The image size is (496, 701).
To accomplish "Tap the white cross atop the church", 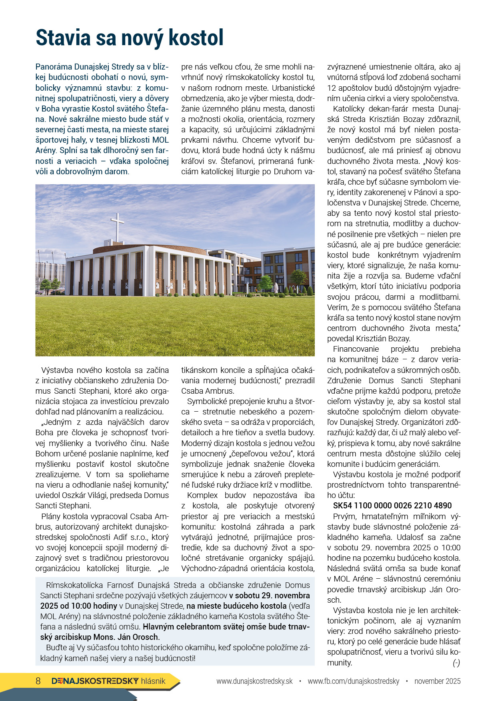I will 117,226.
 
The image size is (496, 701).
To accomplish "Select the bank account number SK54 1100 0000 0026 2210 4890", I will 392,506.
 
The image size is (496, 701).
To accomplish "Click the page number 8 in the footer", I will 38,681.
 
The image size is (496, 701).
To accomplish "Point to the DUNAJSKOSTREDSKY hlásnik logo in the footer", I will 108,681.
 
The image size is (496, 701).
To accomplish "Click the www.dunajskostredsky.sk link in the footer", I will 254,681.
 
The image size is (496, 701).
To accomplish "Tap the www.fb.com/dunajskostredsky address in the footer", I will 353,681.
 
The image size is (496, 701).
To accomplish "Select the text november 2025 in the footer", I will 437,681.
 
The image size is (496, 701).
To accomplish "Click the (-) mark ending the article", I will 456,663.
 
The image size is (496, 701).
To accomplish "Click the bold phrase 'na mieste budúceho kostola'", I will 236,606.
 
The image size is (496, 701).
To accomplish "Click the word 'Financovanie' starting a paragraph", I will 356,349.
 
